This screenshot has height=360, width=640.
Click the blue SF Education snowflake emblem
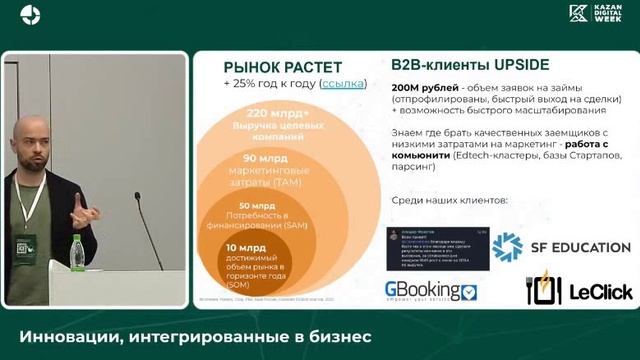tap(507, 247)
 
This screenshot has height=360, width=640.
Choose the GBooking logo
tap(431, 292)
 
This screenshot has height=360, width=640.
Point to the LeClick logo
tap(578, 291)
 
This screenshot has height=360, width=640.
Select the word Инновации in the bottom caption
tap(64, 337)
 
